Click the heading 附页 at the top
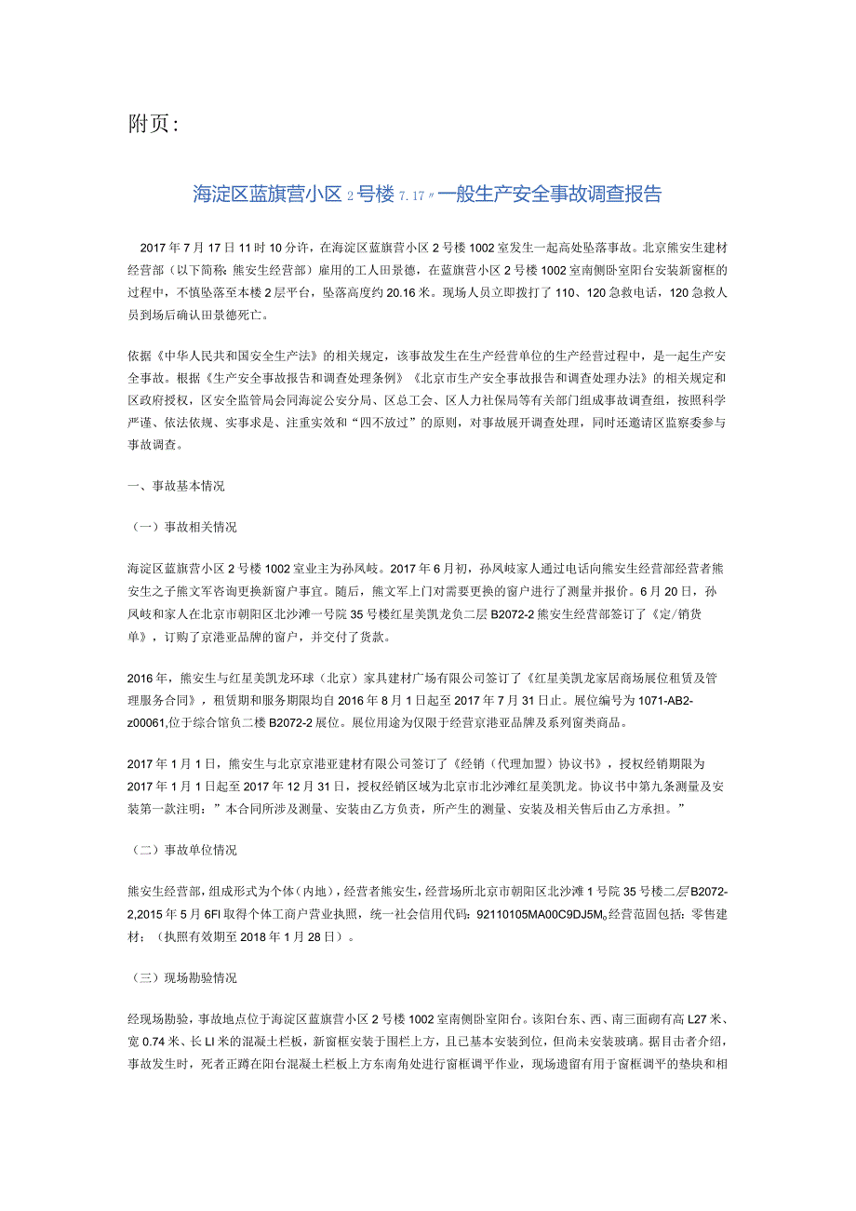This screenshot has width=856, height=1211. tap(151, 124)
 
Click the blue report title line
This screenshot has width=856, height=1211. tap(427, 195)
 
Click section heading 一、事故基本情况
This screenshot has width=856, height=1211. tap(176, 486)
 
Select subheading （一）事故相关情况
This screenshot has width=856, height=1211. tap(182, 527)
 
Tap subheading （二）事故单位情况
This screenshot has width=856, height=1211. tap(182, 851)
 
